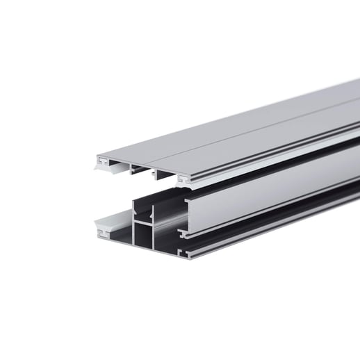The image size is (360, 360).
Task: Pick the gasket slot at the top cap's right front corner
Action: coord(183,180)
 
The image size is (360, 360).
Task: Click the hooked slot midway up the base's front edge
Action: coord(182,232)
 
